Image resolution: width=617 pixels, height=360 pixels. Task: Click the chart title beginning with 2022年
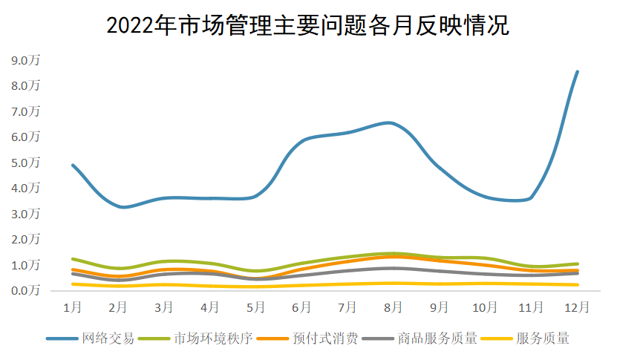tap(307, 25)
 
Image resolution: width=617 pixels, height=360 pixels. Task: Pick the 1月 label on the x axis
tap(72, 307)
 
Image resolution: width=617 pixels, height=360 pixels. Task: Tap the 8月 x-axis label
tap(394, 307)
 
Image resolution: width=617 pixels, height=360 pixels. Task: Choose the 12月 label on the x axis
tap(578, 307)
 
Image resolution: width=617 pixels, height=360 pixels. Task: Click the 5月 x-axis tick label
tap(256, 307)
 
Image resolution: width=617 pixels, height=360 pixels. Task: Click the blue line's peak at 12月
tap(578, 72)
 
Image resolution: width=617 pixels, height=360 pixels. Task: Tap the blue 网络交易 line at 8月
tap(394, 123)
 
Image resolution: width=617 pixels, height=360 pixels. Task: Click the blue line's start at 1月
tap(72, 165)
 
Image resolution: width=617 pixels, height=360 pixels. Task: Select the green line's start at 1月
tap(72, 259)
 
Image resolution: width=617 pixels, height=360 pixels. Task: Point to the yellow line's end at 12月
tap(578, 284)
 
